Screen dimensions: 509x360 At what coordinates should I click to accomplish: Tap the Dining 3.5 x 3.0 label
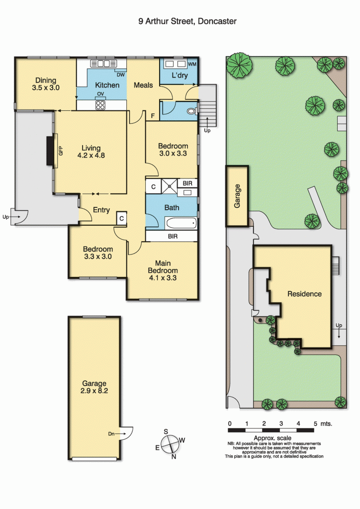(45, 84)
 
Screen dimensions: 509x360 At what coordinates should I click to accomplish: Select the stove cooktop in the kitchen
(100, 105)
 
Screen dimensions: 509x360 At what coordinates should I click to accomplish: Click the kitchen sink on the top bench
(103, 64)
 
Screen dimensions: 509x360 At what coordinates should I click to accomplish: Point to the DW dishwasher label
(120, 75)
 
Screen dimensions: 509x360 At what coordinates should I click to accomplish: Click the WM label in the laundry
(191, 64)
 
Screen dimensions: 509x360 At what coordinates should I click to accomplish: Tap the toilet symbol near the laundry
(191, 111)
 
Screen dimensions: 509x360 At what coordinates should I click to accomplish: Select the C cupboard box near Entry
(122, 218)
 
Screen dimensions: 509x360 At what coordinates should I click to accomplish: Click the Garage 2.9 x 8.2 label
(94, 387)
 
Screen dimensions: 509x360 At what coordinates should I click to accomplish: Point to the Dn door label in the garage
(112, 434)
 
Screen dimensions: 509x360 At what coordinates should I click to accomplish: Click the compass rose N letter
(173, 457)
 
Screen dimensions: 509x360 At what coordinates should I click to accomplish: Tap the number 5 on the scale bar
(315, 424)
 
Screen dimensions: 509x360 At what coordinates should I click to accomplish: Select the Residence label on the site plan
(304, 294)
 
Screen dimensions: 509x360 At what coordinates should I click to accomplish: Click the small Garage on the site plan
(238, 196)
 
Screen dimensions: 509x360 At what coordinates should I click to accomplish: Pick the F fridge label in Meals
(152, 116)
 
